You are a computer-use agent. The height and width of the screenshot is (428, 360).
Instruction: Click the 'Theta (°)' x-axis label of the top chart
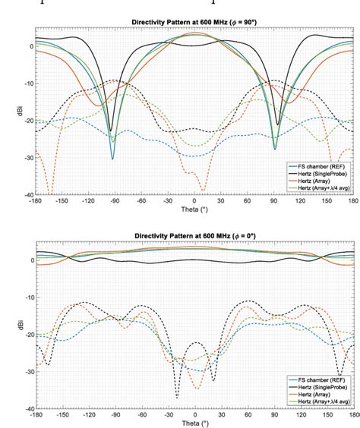195,209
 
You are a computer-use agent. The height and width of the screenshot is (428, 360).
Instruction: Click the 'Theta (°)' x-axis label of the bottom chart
195,424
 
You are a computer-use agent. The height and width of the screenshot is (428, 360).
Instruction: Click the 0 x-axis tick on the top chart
195,200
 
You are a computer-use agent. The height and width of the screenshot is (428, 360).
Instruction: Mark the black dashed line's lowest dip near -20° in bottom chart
177,396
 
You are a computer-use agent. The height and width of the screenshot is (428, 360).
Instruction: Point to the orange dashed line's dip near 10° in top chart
203,190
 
